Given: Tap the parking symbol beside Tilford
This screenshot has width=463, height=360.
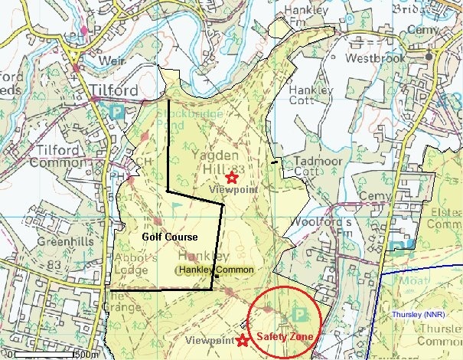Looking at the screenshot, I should (117, 112).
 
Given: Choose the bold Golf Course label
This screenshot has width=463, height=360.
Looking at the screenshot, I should (170, 237).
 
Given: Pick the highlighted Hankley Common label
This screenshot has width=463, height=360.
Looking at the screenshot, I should (216, 270).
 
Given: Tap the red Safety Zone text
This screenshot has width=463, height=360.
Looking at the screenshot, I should (285, 335).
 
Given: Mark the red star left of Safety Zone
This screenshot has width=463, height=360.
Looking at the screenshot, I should (243, 340).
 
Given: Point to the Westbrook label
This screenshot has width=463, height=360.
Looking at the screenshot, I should (374, 58).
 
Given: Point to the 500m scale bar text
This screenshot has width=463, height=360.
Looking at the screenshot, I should (86, 355).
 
